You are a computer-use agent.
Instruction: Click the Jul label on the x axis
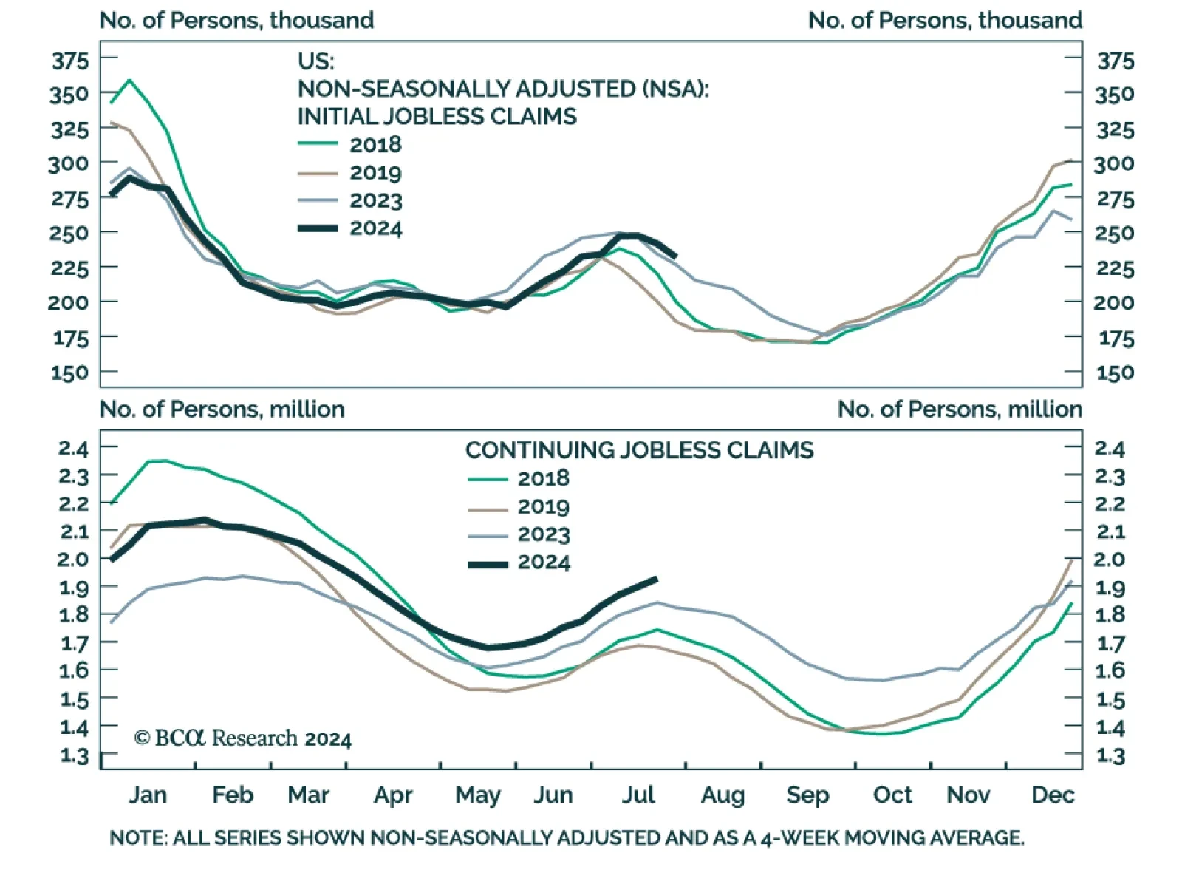[638, 795]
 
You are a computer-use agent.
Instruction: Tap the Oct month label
[892, 795]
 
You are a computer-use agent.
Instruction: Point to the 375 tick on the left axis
[70, 61]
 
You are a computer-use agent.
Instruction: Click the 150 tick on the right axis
[1115, 373]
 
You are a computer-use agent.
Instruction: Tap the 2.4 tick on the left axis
[73, 449]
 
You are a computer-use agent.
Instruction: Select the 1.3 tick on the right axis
[1110, 755]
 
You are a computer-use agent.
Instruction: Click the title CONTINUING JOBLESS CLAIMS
[639, 450]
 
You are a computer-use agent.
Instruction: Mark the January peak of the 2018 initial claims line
[130, 80]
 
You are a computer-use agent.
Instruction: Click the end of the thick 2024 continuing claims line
[655, 579]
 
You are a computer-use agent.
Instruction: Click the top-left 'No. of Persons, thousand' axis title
[236, 20]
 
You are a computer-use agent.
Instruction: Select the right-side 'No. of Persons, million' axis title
[959, 409]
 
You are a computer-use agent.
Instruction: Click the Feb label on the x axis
[232, 795]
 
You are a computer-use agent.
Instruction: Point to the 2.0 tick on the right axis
[1110, 560]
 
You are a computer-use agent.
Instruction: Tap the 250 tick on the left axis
[70, 233]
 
